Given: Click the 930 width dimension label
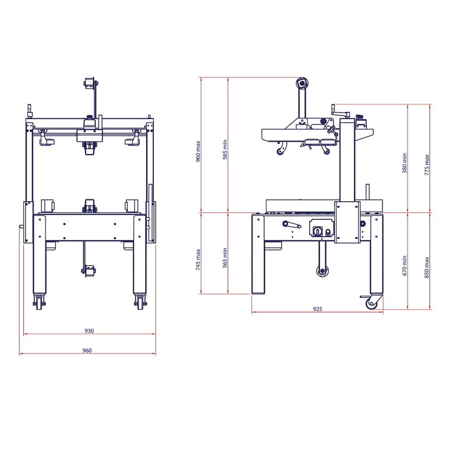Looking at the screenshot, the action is click(x=89, y=331).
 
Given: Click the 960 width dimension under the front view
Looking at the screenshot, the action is click(x=87, y=350).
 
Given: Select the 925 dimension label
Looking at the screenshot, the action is click(x=317, y=309).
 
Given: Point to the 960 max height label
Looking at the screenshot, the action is click(x=198, y=152).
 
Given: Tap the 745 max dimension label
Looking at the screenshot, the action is click(x=198, y=259).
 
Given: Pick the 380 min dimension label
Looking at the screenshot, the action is click(x=404, y=163).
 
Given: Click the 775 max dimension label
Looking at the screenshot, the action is click(x=427, y=165).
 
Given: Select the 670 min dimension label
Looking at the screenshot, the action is click(x=404, y=266).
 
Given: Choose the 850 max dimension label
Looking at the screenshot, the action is click(x=427, y=268).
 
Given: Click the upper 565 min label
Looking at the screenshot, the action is click(x=225, y=149).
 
